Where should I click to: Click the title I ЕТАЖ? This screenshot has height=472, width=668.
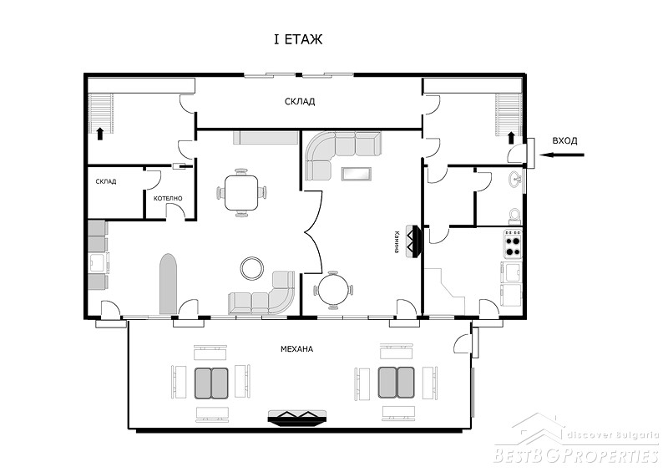pyautogui.click(x=298, y=39)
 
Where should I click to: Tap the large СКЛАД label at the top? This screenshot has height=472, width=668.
pyautogui.click(x=300, y=101)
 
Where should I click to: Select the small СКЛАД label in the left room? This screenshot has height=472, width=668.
pyautogui.click(x=106, y=181)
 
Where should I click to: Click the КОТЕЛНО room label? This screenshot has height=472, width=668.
pyautogui.click(x=168, y=198)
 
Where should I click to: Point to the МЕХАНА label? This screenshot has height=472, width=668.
pyautogui.click(x=296, y=348)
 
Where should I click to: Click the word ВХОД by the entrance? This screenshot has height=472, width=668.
pyautogui.click(x=564, y=140)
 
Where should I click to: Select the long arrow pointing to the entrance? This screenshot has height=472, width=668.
pyautogui.click(x=561, y=155)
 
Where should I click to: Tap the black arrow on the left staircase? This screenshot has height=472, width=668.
pyautogui.click(x=100, y=134)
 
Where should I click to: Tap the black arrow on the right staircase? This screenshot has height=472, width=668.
pyautogui.click(x=511, y=137)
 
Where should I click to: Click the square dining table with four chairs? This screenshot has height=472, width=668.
pyautogui.click(x=241, y=192)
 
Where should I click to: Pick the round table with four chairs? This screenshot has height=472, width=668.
pyautogui.click(x=332, y=290)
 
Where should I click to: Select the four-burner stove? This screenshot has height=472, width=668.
pyautogui.click(x=513, y=244)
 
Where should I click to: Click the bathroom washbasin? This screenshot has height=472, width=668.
pyautogui.click(x=516, y=178)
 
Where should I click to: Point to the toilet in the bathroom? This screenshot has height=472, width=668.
pyautogui.click(x=515, y=216)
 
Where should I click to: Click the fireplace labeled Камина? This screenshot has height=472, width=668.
pyautogui.click(x=413, y=241)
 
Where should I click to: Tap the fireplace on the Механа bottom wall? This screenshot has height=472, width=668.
pyautogui.click(x=297, y=417)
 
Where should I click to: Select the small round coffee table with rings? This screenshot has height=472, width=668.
pyautogui.click(x=252, y=268)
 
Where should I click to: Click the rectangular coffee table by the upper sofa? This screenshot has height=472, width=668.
pyautogui.click(x=357, y=174)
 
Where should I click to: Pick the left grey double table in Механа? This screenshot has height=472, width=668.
pyautogui.click(x=211, y=383)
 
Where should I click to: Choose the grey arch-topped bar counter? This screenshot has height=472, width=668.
pyautogui.click(x=168, y=284)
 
